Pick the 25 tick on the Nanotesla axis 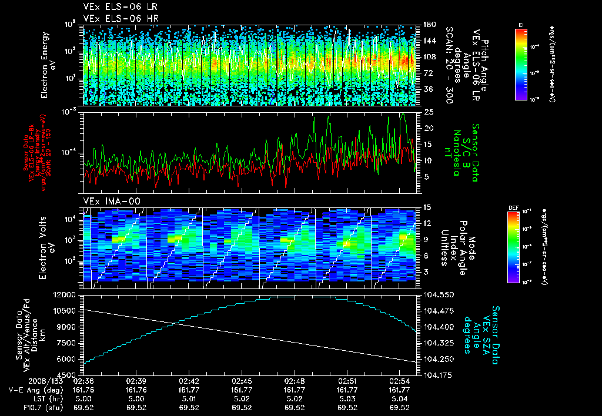429,112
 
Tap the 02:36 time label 83,381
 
